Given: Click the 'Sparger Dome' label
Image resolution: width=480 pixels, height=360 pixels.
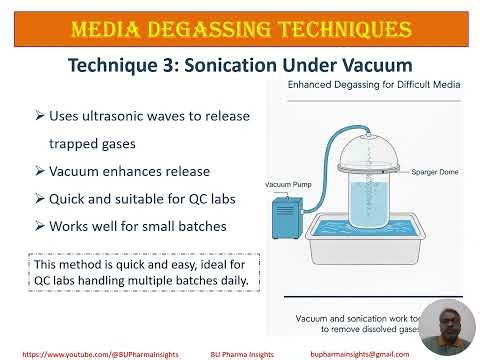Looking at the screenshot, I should pyautogui.click(x=433, y=171).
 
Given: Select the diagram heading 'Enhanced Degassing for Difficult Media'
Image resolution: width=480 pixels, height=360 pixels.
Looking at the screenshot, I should pyautogui.click(x=373, y=87).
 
